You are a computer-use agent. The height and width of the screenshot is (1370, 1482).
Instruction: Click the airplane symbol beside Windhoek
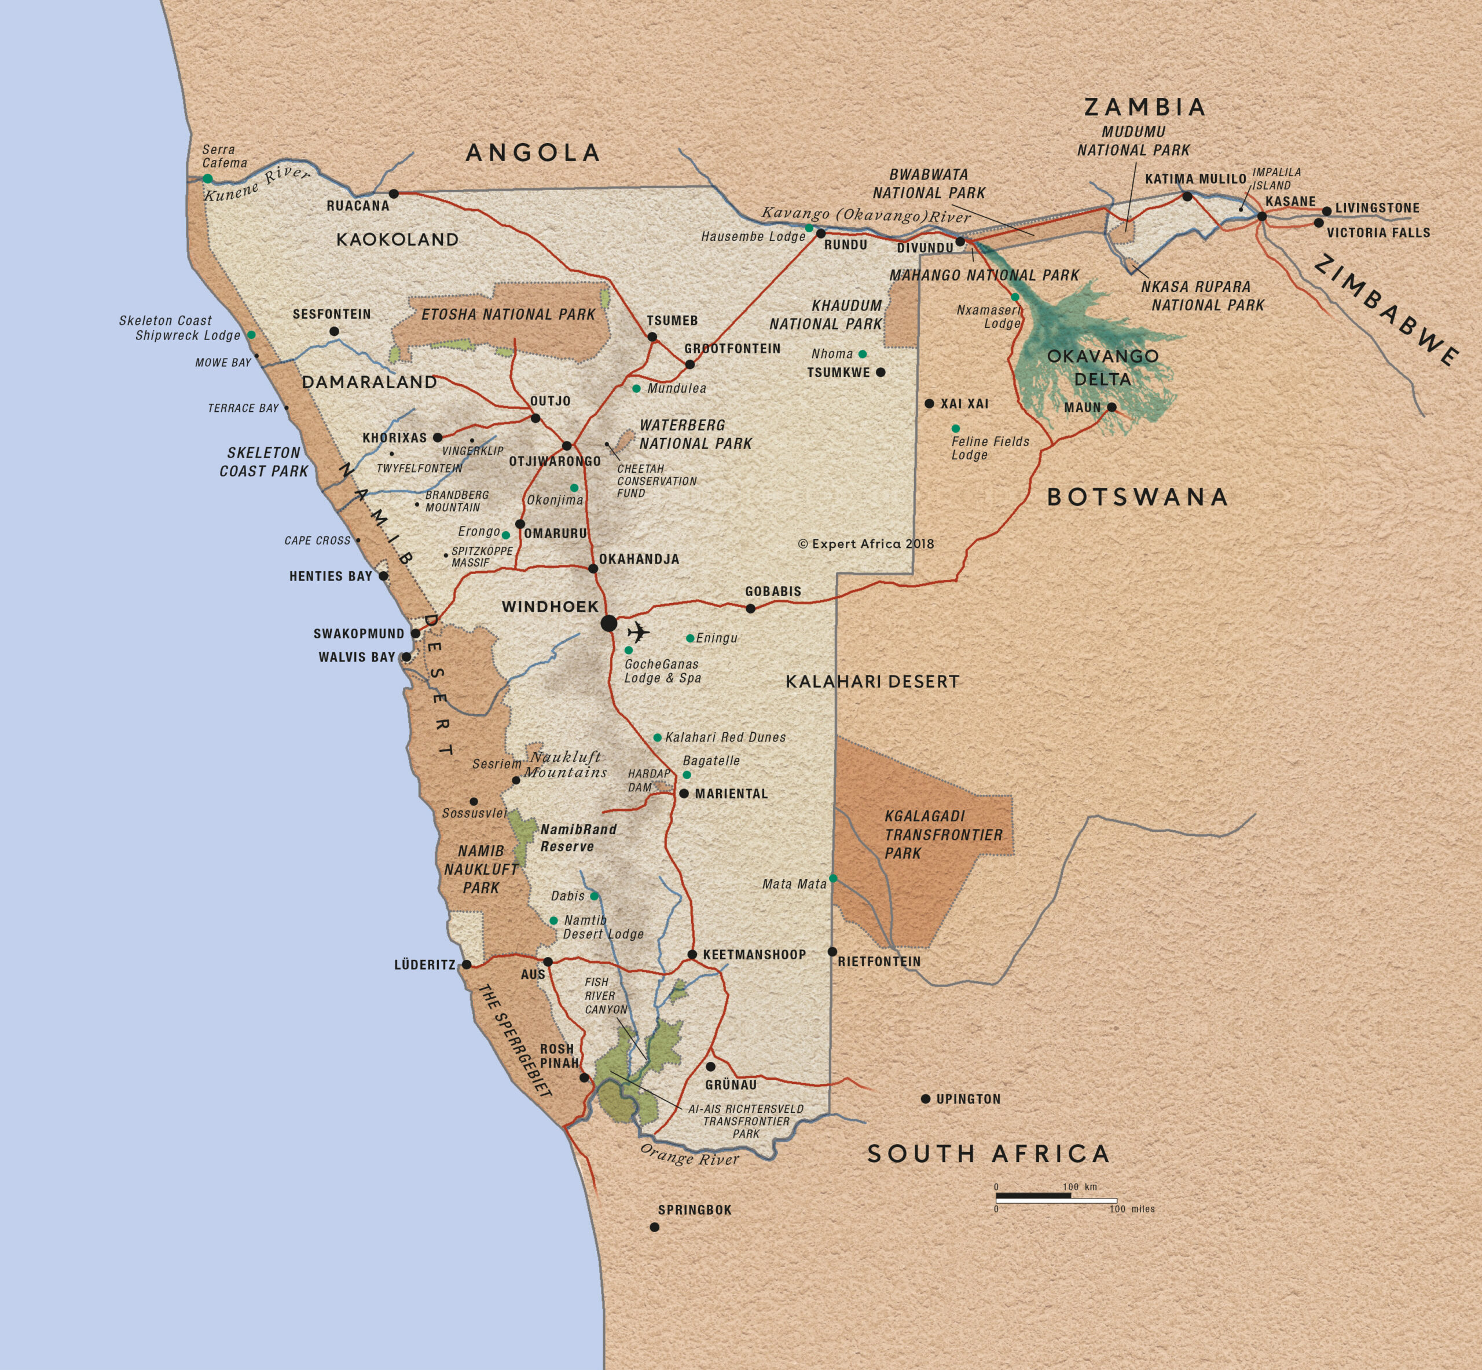coord(638,633)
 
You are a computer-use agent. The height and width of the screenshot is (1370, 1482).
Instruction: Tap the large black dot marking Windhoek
coord(608,623)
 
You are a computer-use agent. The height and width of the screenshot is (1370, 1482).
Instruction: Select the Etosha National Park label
coord(508,315)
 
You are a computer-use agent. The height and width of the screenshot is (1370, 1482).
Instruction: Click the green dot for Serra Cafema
coord(207,178)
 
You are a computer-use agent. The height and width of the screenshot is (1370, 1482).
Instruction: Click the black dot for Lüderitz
coord(466,965)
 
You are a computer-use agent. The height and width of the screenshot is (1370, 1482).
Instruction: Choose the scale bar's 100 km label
coord(1080,1187)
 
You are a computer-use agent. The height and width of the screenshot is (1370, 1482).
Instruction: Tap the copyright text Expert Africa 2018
coord(865,543)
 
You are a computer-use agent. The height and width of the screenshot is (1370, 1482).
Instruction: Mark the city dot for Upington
coord(926,1099)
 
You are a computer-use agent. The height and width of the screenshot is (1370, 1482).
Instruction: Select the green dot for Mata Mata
coord(833,879)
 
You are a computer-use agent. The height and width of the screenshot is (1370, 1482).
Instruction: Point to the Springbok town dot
coord(654,1227)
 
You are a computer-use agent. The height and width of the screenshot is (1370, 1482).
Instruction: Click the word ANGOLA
coord(533,153)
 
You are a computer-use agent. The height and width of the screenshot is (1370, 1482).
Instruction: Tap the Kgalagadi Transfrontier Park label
coord(942,835)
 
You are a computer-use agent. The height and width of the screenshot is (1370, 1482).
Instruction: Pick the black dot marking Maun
coord(1111,407)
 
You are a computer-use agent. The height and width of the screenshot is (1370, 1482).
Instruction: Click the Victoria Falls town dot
coord(1318,222)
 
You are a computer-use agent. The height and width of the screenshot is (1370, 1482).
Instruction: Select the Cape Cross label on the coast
coord(317,540)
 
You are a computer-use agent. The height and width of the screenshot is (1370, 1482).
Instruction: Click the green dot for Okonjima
coord(574,488)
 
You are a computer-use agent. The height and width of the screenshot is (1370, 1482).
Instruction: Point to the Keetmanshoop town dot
coord(692,954)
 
